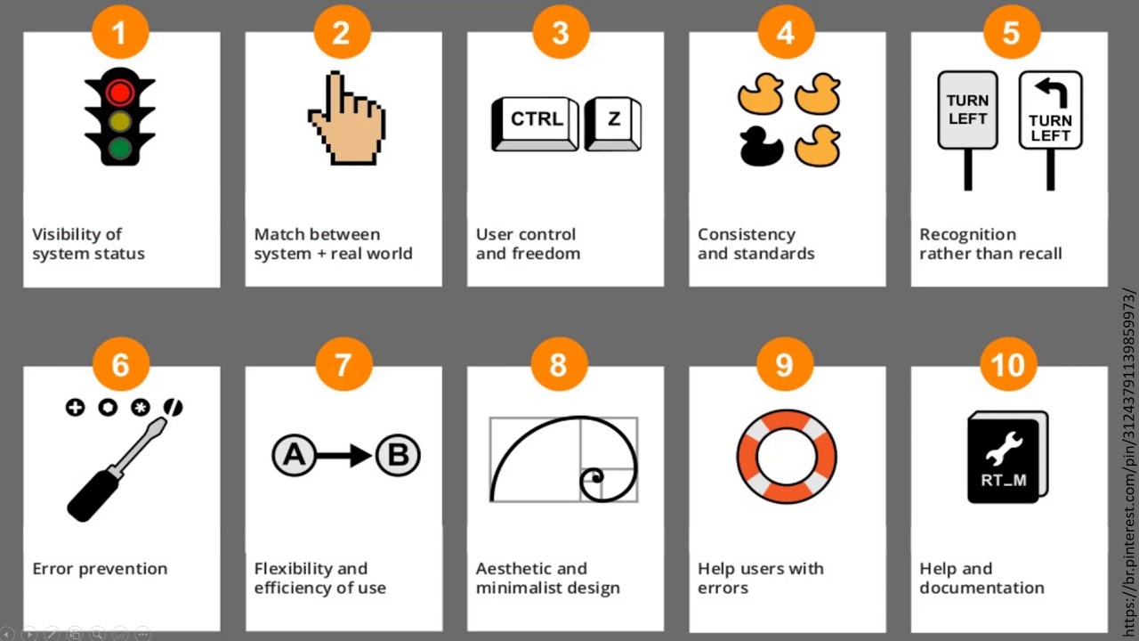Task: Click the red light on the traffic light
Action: point(119,93)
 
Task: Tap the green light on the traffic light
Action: point(119,149)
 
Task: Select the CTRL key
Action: point(535,124)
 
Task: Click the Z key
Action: point(613,124)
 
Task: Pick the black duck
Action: point(761,146)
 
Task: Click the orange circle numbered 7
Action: point(343,364)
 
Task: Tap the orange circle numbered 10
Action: point(1008,364)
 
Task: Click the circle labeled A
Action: point(294,455)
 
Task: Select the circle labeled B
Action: point(398,455)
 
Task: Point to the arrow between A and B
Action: point(344,455)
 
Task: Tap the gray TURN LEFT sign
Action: point(967,110)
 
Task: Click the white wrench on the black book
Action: point(1004,448)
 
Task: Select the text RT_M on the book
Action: point(1004,480)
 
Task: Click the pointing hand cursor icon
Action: point(347,118)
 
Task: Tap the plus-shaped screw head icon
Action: point(76,408)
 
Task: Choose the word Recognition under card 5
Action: point(967,234)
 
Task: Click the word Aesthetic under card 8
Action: point(531,568)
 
